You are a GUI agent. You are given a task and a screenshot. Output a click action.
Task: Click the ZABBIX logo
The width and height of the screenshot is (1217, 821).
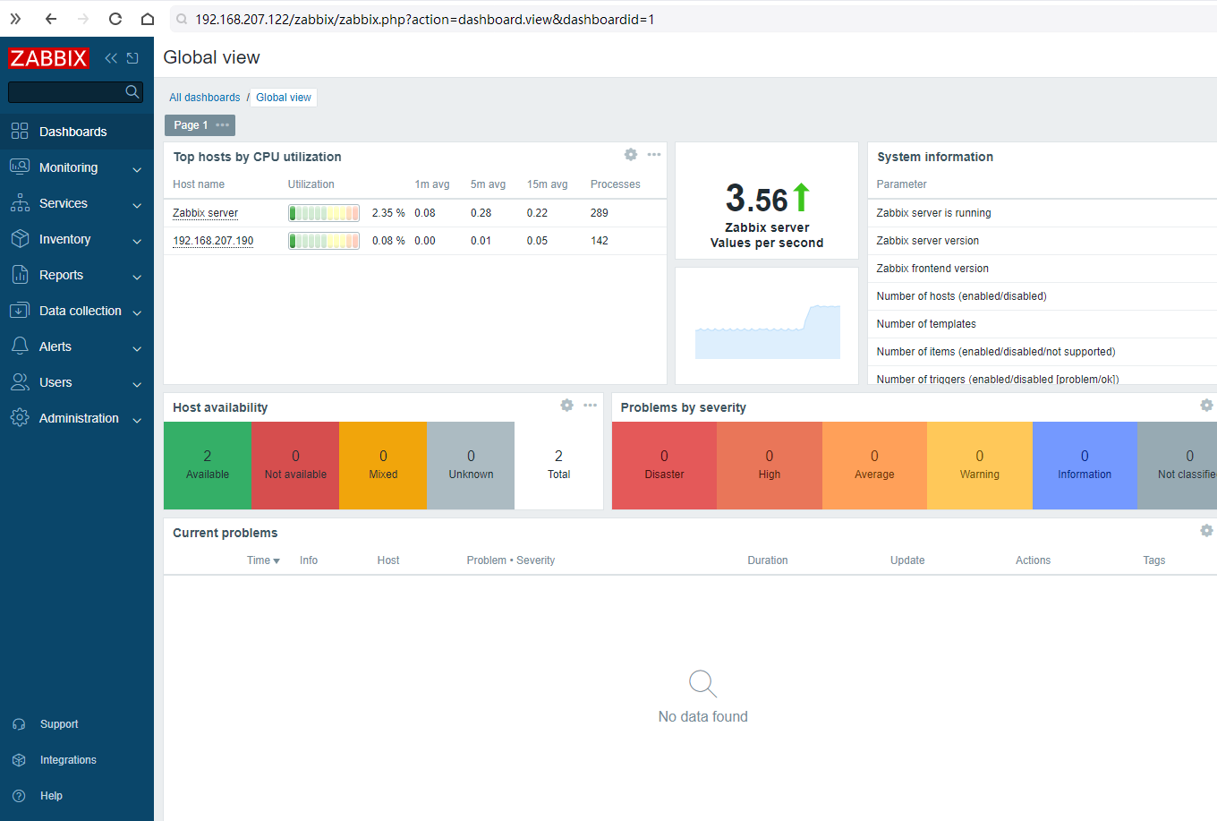pyautogui.click(x=48, y=58)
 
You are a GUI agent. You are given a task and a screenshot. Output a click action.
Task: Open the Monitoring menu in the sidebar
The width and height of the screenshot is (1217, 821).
pyautogui.click(x=68, y=167)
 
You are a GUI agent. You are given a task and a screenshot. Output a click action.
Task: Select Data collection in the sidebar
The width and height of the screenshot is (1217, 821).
pyautogui.click(x=80, y=311)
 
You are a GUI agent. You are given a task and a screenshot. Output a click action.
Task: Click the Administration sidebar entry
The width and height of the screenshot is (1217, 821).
pyautogui.click(x=79, y=418)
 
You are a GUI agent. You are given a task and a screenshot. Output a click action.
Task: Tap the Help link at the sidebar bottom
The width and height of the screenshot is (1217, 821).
pyautogui.click(x=51, y=795)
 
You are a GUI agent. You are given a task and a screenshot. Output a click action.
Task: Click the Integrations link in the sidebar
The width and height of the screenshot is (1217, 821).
pyautogui.click(x=68, y=759)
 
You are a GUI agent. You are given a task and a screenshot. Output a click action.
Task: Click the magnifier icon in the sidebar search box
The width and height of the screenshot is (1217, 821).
pyautogui.click(x=132, y=91)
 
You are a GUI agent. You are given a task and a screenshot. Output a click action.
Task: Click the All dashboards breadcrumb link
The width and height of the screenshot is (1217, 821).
pyautogui.click(x=204, y=98)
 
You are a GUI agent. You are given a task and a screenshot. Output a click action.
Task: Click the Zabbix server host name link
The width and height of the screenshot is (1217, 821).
pyautogui.click(x=206, y=212)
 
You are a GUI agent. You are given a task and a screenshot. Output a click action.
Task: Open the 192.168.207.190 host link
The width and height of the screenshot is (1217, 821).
pyautogui.click(x=213, y=240)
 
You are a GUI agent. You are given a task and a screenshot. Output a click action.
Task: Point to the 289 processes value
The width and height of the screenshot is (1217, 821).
pyautogui.click(x=600, y=212)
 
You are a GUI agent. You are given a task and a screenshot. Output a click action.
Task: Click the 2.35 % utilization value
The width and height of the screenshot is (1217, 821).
pyautogui.click(x=388, y=212)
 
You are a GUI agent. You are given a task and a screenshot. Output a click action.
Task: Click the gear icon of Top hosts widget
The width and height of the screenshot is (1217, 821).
pyautogui.click(x=630, y=154)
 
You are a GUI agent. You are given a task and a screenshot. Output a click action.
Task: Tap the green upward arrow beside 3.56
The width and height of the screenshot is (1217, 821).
pyautogui.click(x=801, y=197)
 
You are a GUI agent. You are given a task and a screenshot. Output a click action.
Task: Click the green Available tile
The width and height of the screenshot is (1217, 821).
pyautogui.click(x=208, y=466)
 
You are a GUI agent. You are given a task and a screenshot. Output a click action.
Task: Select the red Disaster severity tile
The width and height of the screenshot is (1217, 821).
pyautogui.click(x=664, y=466)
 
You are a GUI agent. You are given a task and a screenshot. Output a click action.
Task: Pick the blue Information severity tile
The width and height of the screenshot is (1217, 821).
pyautogui.click(x=1085, y=466)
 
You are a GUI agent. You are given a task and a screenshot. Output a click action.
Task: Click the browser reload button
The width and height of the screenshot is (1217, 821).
pyautogui.click(x=115, y=19)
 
